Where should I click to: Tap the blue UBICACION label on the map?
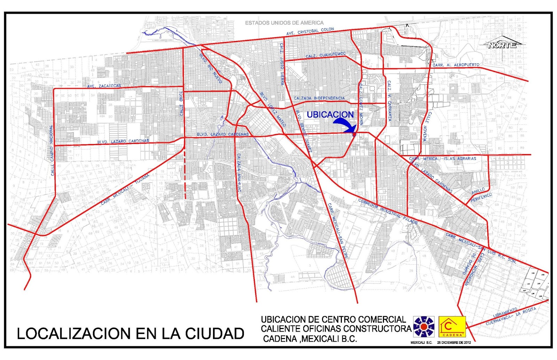click(330, 114)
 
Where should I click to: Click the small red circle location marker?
click(354, 134)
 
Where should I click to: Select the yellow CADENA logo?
click(452, 327)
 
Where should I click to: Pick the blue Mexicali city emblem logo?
click(424, 327)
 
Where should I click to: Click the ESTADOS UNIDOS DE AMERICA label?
click(284, 23)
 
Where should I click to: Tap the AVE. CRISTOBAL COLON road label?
click(310, 31)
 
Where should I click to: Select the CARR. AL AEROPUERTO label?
click(456, 65)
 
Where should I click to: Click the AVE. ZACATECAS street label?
click(104, 86)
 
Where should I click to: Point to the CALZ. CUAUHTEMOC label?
click(326, 55)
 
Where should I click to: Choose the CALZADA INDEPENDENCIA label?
click(319, 98)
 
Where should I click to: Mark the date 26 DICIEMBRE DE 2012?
click(454, 342)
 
